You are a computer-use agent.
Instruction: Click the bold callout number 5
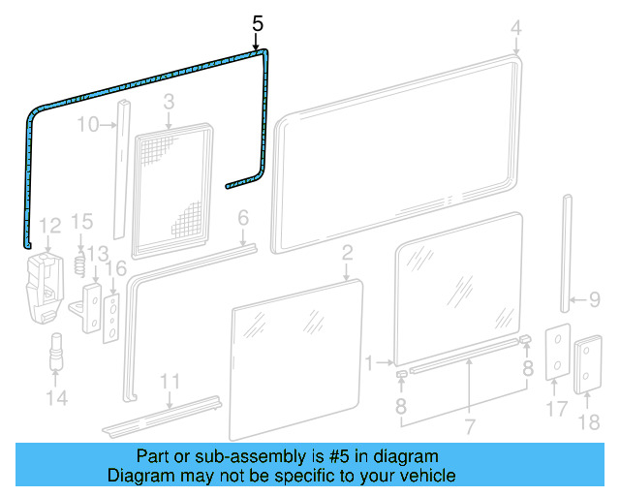(x=257, y=22)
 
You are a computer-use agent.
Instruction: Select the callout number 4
(x=515, y=28)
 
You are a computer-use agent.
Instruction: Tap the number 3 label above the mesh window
(x=168, y=101)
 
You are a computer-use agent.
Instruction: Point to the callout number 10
(x=88, y=124)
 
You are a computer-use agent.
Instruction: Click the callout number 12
(x=50, y=226)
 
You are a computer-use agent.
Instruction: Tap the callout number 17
(x=555, y=410)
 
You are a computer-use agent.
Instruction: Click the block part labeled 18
(x=588, y=365)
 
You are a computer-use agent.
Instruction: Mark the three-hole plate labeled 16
(x=113, y=317)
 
